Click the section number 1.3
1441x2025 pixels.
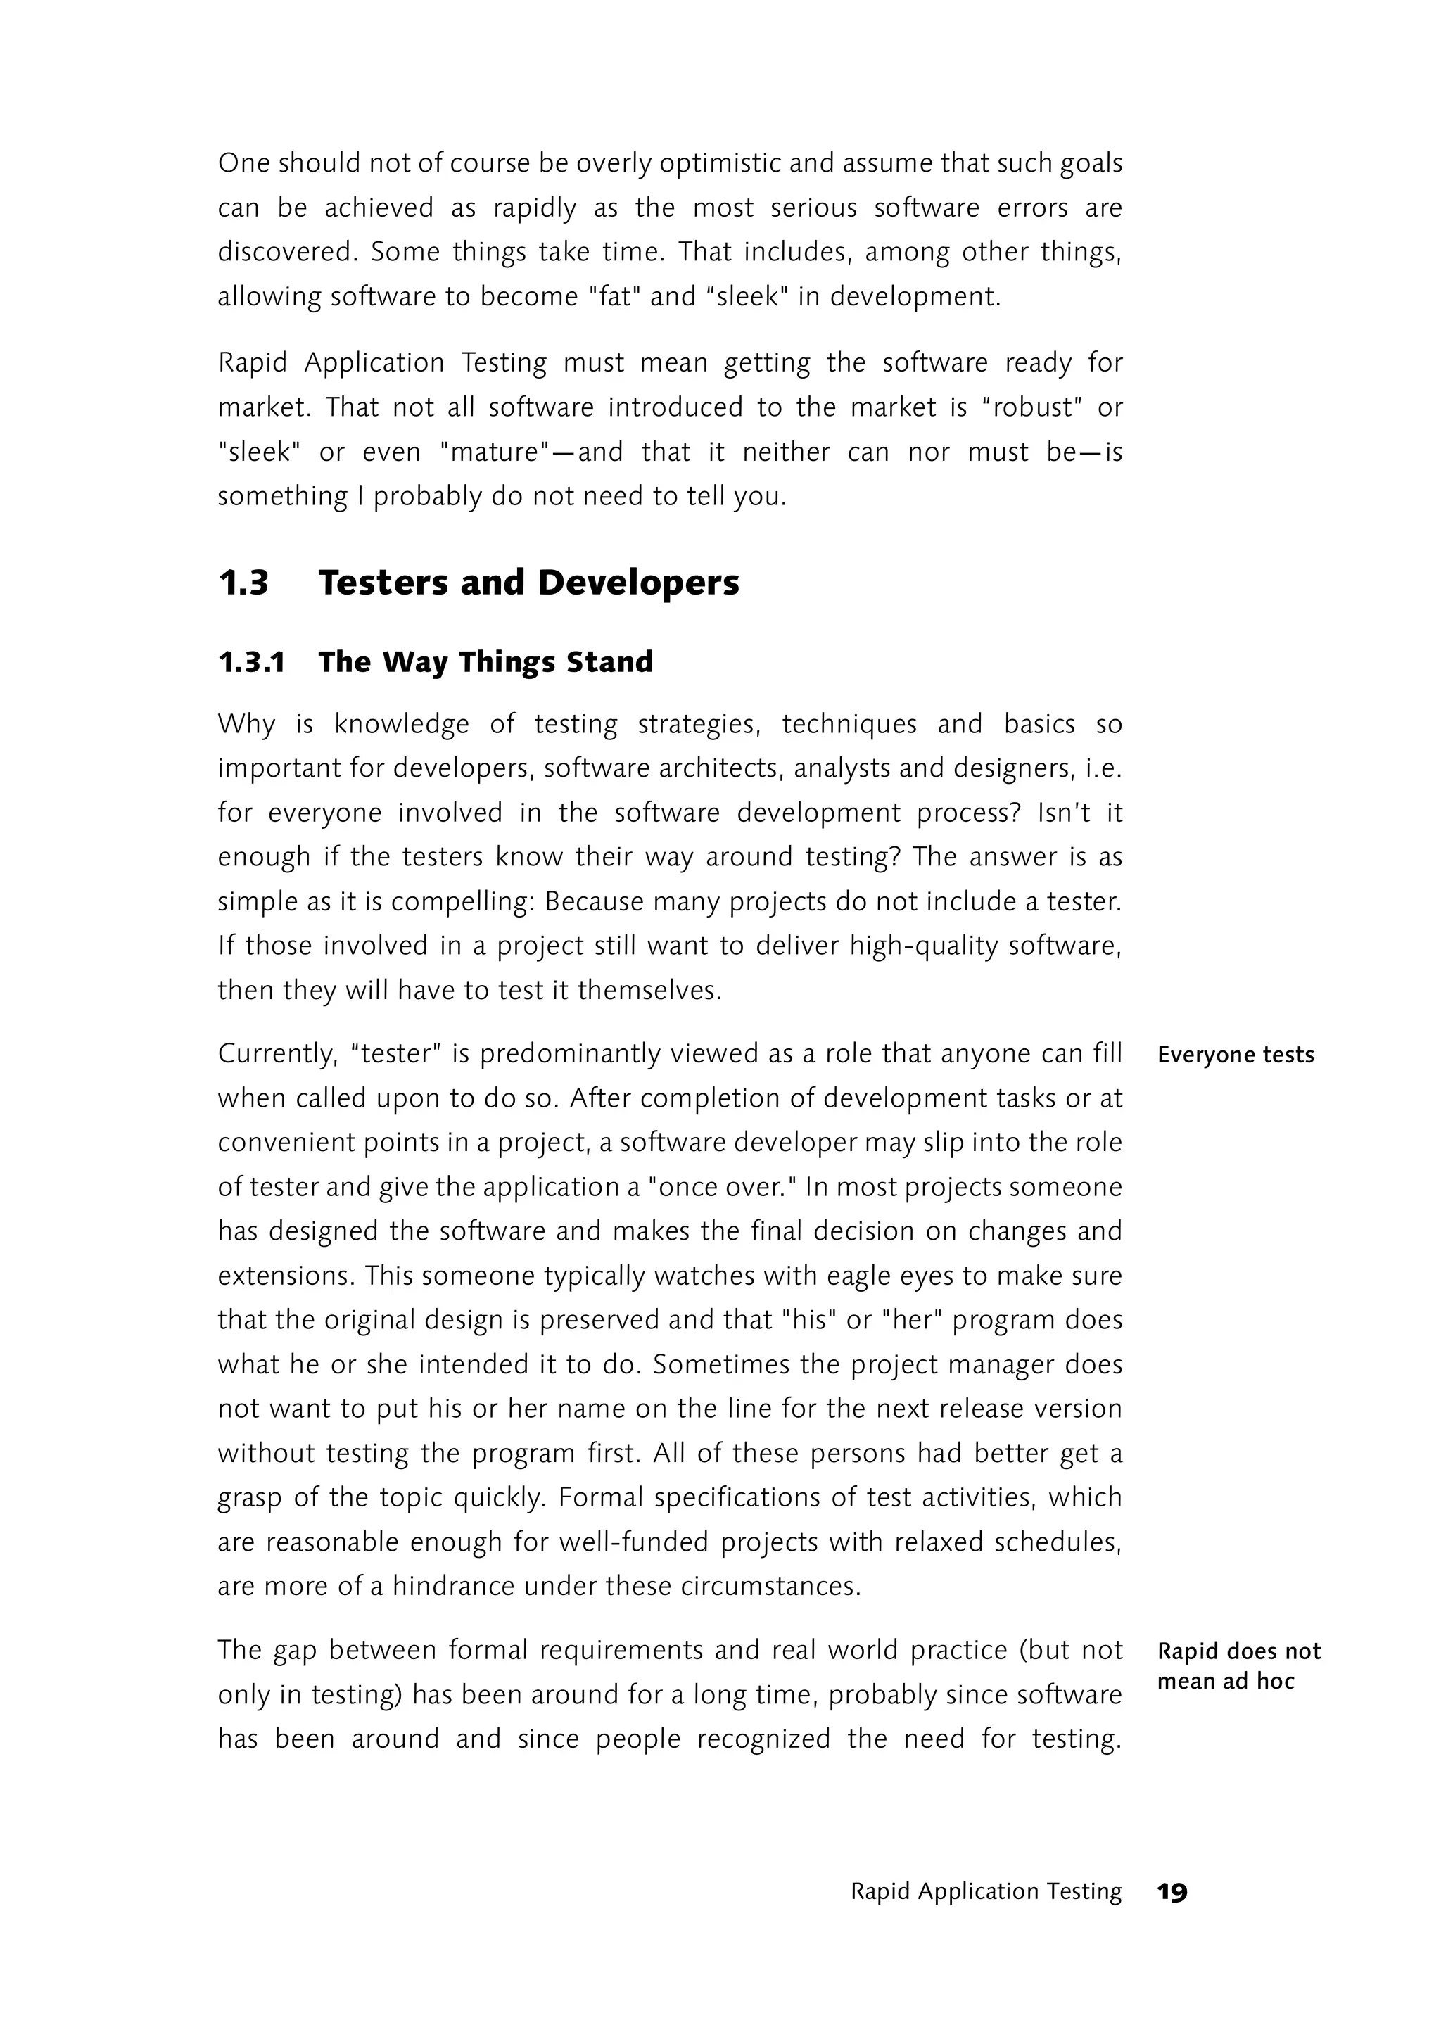(x=243, y=583)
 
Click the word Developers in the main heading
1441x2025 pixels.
(x=638, y=583)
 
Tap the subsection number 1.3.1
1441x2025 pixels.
(x=251, y=662)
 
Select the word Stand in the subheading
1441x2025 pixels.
(x=609, y=662)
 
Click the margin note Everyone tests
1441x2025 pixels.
(x=1235, y=1055)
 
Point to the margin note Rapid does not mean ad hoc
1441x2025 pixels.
(x=1238, y=1665)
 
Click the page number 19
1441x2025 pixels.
(x=1172, y=1893)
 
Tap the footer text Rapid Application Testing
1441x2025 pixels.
(x=986, y=1892)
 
